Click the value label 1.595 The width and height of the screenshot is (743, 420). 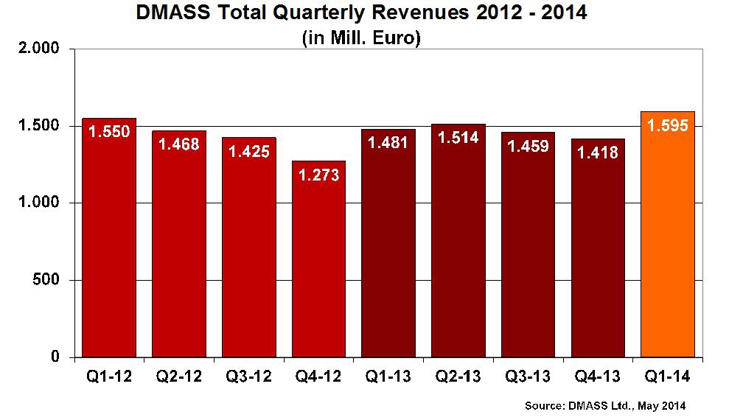point(668,125)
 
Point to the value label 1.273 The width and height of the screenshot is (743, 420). point(318,175)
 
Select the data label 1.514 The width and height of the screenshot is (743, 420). point(458,138)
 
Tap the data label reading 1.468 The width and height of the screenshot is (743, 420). point(179,144)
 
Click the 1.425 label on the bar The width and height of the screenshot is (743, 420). point(248,151)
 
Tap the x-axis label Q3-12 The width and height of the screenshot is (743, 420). point(248,377)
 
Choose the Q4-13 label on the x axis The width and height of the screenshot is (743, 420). point(598,377)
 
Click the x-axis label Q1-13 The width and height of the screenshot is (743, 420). point(388,377)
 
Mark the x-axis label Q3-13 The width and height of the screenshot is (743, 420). point(528,377)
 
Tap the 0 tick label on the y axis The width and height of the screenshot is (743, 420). point(63,357)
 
